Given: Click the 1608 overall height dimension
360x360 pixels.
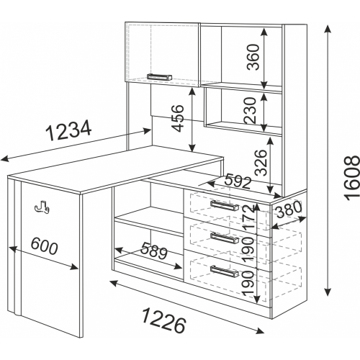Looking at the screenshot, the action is tap(352, 178).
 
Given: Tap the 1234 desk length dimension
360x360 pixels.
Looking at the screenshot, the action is tap(69, 130).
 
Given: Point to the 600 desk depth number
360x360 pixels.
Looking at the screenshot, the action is tap(45, 246).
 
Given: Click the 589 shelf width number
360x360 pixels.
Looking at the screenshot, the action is tap(154, 251).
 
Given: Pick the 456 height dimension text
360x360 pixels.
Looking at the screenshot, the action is tap(179, 118).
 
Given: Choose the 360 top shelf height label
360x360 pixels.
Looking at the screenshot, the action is tap(253, 57).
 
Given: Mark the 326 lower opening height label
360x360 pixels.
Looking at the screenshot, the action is tap(261, 163).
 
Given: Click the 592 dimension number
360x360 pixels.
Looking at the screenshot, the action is tap(238, 182).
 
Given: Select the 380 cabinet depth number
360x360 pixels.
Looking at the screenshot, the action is tap(288, 209).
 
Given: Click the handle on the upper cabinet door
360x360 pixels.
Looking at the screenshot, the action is tap(159, 77).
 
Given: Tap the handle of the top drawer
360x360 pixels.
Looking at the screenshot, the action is tap(224, 205).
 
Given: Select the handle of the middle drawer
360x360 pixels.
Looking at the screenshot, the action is tap(225, 238).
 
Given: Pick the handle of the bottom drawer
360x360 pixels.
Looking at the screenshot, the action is tap(225, 271).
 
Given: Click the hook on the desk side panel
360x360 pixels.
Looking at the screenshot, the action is tap(42, 207).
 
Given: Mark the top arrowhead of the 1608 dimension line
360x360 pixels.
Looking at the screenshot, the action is tap(328, 30).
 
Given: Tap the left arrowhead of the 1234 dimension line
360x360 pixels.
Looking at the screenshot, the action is tap(5, 158).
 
